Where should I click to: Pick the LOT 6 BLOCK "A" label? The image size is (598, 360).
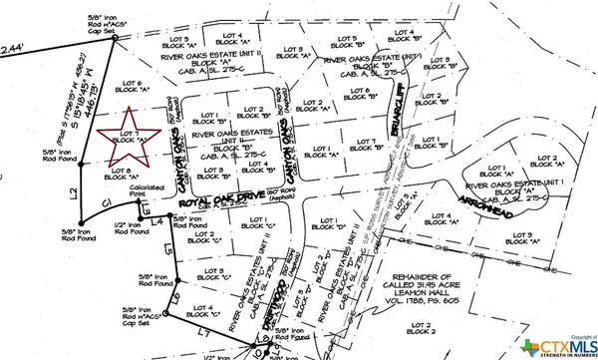click(133, 86)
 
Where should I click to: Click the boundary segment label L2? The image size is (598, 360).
click(72, 190)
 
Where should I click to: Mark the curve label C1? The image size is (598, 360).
click(108, 203)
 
